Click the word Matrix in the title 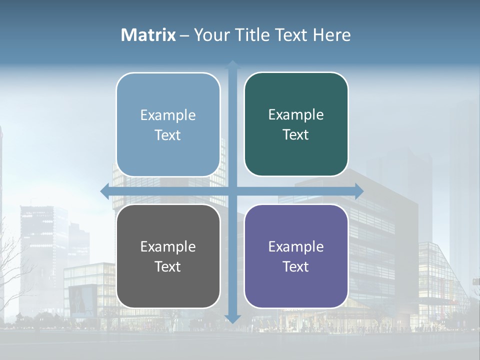148,35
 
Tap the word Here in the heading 331,35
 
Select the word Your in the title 212,35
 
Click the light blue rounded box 168,124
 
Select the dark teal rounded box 296,124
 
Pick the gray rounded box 168,256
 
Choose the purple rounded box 296,256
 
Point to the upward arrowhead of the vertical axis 232,64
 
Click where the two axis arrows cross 232,191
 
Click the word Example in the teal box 296,115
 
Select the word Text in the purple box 296,266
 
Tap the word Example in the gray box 168,246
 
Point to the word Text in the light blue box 168,135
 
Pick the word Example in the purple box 296,246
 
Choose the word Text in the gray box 168,266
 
